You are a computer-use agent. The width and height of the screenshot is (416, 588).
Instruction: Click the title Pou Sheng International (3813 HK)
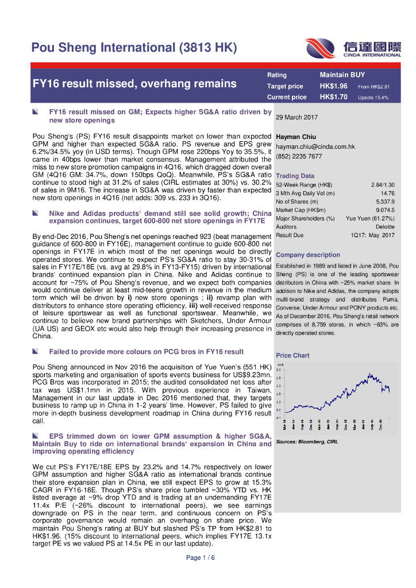133,48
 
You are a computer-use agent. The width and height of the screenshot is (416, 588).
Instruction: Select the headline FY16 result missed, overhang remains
134,84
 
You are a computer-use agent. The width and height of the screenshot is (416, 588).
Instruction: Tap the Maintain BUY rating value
342,75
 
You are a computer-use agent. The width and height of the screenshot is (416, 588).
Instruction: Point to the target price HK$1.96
334,86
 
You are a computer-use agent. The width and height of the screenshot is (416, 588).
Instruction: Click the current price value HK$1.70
334,97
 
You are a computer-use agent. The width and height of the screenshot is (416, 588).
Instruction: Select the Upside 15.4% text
373,98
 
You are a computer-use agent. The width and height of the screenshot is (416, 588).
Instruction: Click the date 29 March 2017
296,117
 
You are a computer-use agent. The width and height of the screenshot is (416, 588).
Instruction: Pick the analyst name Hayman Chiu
296,137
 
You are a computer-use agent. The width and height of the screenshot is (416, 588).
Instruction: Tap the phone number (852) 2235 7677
299,156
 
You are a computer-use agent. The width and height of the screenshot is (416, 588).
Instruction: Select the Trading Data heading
295,176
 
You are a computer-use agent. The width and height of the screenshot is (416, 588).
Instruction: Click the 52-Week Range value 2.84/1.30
383,184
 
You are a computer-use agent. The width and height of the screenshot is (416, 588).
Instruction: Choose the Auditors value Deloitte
385,227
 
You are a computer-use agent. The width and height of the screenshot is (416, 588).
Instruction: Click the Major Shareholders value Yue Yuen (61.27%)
370,218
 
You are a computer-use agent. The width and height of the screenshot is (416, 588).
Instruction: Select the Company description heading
308,255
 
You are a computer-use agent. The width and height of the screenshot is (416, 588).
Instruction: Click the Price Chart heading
292,355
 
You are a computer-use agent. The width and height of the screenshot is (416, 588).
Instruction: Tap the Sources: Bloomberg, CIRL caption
307,442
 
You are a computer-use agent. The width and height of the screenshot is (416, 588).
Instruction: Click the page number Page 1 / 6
200,558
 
